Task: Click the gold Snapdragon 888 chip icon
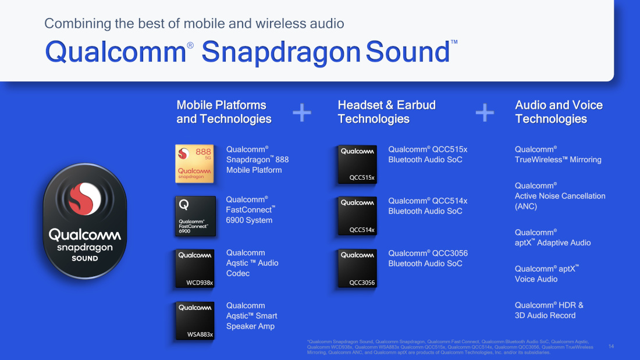[195, 163]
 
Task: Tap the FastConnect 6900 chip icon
[195, 216]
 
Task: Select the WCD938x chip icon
[195, 268]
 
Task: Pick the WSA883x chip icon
[195, 320]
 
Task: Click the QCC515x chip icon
[357, 164]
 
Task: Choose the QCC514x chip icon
[357, 216]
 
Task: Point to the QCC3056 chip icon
[357, 268]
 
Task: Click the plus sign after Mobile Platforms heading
[302, 113]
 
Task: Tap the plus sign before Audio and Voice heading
[485, 113]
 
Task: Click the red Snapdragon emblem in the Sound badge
[85, 199]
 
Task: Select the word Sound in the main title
[407, 52]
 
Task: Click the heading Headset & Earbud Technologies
[386, 112]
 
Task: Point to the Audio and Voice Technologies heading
[559, 112]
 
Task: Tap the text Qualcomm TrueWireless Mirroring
[558, 155]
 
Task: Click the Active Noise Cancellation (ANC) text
[560, 196]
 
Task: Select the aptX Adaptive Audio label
[553, 237]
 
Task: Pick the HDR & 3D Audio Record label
[549, 310]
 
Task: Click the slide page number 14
[611, 346]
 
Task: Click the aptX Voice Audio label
[546, 274]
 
